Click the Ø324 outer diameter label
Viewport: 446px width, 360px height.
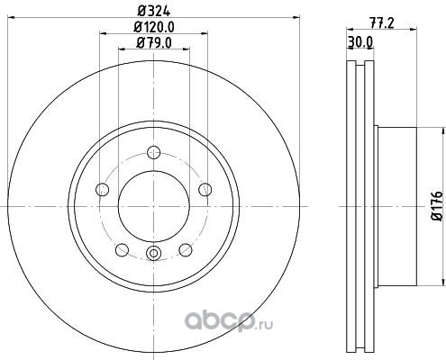pos(154,11)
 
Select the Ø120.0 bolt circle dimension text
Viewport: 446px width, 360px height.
pos(154,27)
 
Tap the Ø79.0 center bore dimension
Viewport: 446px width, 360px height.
pos(154,43)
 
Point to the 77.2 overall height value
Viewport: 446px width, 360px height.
pos(381,23)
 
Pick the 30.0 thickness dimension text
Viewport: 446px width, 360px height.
pos(360,42)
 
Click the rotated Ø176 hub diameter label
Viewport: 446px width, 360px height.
pos(437,205)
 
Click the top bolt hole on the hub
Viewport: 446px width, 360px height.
pos(154,152)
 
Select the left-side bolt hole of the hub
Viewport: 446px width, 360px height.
pos(102,190)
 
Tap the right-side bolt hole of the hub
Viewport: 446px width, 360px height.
pos(205,190)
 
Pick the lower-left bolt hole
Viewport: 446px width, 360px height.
pos(122,250)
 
